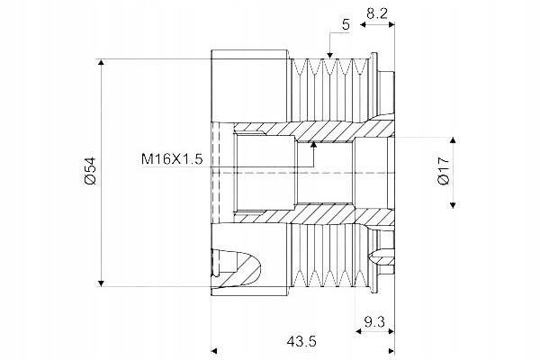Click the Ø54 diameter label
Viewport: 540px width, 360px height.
coord(91,171)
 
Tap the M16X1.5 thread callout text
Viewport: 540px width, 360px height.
coord(172,159)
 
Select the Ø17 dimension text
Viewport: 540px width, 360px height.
coord(445,170)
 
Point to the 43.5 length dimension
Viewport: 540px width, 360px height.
coord(301,341)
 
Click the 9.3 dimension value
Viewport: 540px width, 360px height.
coord(374,322)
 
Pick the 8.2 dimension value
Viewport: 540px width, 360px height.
coord(377,13)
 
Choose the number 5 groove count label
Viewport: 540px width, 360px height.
coord(346,25)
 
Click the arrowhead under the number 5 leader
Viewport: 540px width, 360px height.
coord(330,55)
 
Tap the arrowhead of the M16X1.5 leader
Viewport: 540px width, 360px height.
coord(313,144)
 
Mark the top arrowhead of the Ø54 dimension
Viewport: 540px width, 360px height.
coord(101,62)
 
